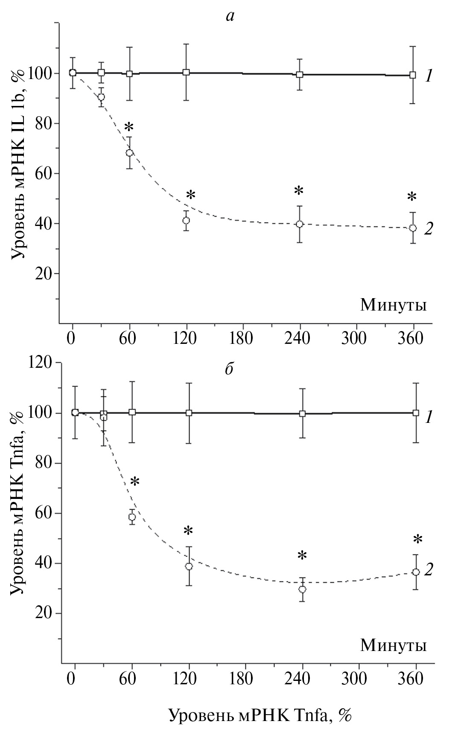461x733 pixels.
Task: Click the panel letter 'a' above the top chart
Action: [230, 17]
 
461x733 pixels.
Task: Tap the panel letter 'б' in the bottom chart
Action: [229, 369]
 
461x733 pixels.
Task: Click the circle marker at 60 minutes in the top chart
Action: [129, 153]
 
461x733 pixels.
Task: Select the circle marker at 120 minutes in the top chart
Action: [186, 220]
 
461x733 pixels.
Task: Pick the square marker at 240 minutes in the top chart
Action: [300, 74]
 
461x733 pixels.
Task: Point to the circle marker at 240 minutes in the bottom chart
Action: [303, 589]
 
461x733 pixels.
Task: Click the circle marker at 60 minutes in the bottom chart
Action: [132, 517]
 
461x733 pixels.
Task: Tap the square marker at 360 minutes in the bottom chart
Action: [416, 413]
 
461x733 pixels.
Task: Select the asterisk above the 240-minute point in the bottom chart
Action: [302, 555]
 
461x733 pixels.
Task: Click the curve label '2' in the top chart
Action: [429, 229]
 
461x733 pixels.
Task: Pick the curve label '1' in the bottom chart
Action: [429, 417]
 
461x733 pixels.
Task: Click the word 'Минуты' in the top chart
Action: [393, 305]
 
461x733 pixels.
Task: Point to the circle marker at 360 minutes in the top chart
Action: [413, 228]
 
